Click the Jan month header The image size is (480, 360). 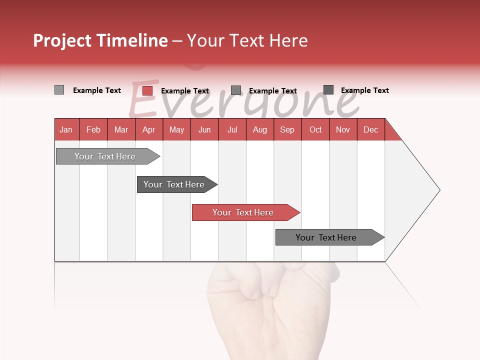point(66,129)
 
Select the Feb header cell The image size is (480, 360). point(93,129)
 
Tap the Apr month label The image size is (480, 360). point(148,129)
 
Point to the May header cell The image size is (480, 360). point(176,129)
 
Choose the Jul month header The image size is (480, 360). point(232,129)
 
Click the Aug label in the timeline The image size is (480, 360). point(259,129)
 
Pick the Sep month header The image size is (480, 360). point(287,129)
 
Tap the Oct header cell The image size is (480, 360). point(315,129)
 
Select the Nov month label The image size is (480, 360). point(343,129)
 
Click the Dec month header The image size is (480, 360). point(370,129)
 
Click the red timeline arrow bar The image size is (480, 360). point(245,212)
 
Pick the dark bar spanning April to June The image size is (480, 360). point(175,184)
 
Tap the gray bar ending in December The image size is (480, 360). point(327,237)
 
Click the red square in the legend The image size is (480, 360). point(147,90)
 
